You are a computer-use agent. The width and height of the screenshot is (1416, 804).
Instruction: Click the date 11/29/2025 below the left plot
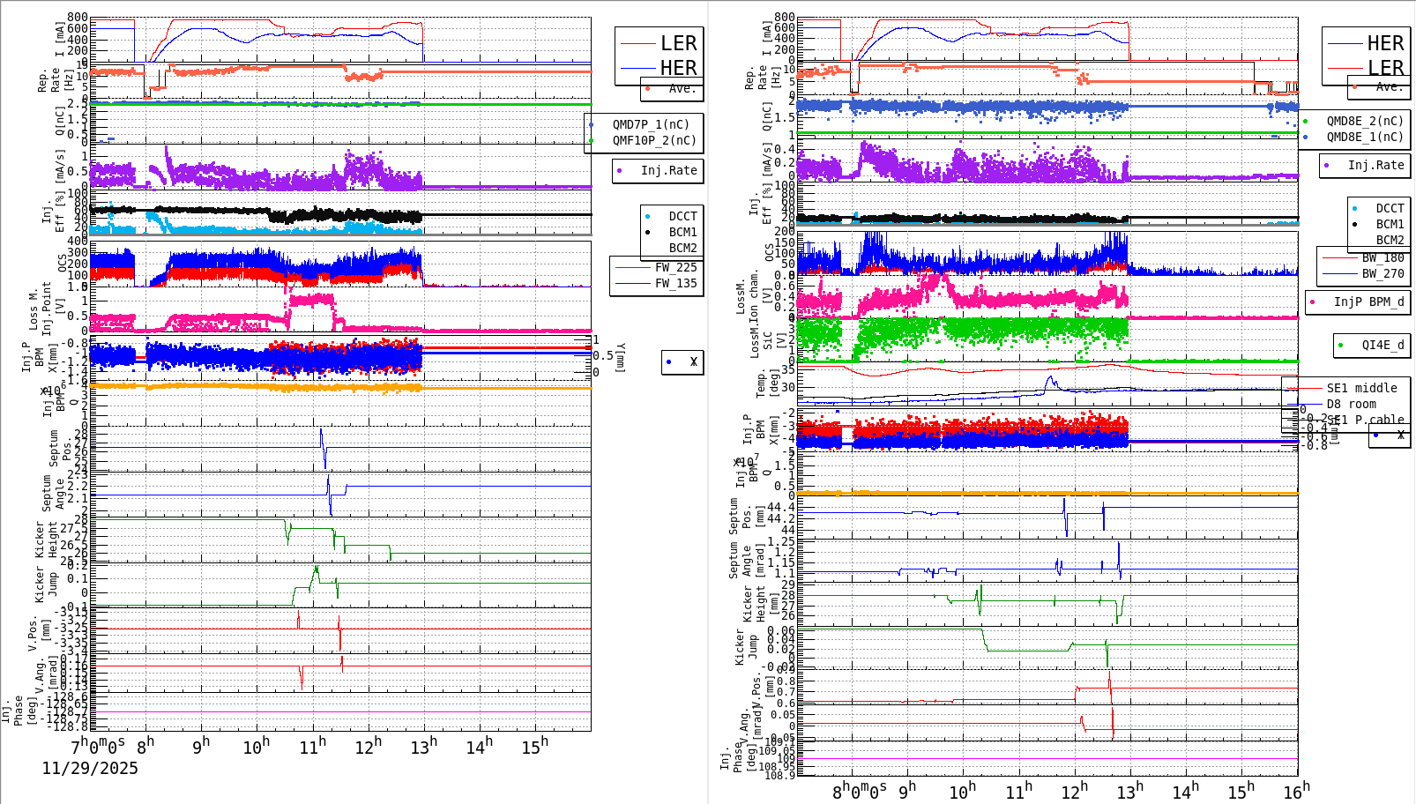90,768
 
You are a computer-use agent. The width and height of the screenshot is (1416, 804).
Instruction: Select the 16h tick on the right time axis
1296,792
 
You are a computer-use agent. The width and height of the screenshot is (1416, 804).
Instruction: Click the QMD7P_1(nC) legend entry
651,124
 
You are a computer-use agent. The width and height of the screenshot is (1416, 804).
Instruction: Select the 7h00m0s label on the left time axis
98,745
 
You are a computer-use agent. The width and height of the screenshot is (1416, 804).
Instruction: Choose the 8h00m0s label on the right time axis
860,792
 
